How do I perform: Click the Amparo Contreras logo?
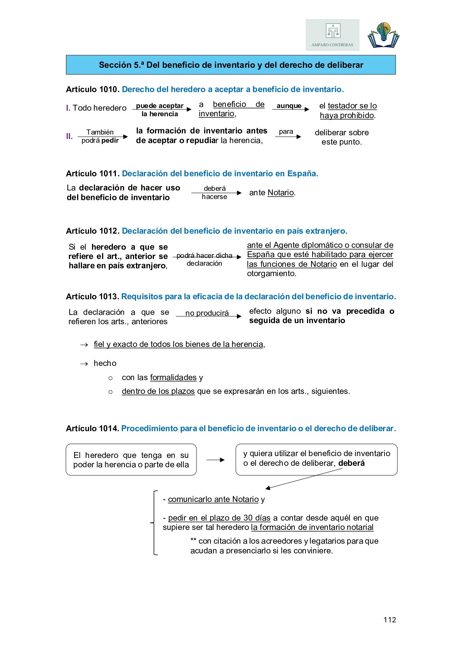(332, 35)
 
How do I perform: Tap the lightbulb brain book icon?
(383, 35)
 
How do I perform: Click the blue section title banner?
(231, 65)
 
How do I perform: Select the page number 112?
(389, 620)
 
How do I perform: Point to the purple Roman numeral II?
(69, 136)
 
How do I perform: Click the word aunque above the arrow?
(289, 106)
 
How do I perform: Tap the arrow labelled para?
(288, 137)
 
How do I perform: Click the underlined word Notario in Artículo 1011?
(281, 193)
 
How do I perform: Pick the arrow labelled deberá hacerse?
(216, 193)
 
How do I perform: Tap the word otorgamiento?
(272, 274)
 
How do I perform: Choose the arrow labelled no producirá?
(208, 316)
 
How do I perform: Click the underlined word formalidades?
(173, 377)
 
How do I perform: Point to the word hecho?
(105, 363)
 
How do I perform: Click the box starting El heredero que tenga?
(131, 459)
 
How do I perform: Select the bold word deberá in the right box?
(351, 463)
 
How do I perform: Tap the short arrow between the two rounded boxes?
(215, 460)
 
